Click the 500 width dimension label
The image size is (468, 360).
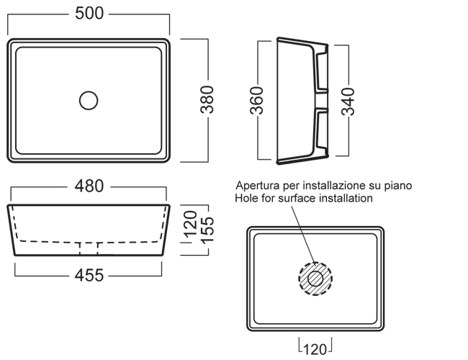coord(89,14)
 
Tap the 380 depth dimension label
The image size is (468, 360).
coord(208,100)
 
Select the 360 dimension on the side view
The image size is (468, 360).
coord(258,100)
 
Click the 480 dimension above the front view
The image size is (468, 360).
coord(89,186)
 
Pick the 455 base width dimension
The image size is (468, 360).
coord(89,274)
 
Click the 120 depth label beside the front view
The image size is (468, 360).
coord(190,224)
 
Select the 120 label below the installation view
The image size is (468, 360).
coord(315,349)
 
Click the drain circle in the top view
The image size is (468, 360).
coord(89,100)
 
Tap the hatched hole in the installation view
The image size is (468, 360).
coord(315,276)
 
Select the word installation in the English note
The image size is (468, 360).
coord(346,198)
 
